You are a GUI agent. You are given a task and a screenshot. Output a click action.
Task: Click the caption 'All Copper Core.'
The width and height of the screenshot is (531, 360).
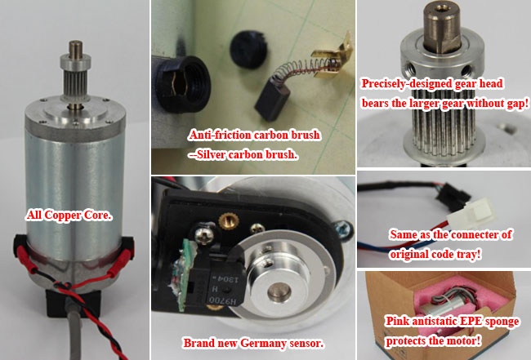[x=69, y=216]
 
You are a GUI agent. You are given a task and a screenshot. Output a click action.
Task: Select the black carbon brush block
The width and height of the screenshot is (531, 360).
[x=272, y=98]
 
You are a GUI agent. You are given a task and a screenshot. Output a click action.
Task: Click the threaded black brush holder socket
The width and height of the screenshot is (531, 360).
[x=183, y=84]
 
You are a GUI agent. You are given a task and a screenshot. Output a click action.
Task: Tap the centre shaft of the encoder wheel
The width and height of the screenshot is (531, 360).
[x=279, y=291]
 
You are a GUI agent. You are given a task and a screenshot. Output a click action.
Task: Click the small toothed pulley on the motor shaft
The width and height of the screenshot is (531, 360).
[x=75, y=80]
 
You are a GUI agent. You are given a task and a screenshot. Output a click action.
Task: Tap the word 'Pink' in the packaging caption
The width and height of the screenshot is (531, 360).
[x=396, y=321]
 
